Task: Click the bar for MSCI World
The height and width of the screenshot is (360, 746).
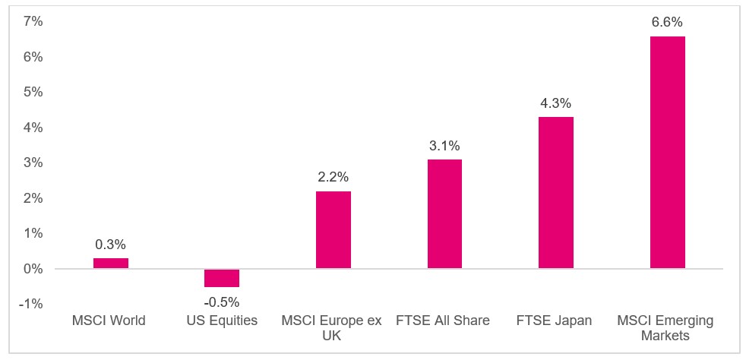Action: [111, 264]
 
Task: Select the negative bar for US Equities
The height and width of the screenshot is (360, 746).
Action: [222, 278]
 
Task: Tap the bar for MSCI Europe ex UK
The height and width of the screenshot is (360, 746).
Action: [333, 230]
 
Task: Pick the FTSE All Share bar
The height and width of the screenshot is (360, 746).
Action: [444, 214]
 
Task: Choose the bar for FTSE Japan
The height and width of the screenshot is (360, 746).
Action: [556, 193]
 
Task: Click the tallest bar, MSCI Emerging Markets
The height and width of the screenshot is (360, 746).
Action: [668, 153]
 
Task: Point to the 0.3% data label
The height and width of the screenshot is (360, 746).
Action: [111, 245]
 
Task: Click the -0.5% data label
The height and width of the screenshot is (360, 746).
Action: [222, 301]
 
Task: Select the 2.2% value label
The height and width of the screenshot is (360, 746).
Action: [333, 177]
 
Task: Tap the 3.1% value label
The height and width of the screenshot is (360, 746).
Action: [444, 145]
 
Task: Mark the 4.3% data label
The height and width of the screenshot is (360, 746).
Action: [556, 103]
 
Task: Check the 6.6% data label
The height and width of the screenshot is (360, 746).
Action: [668, 22]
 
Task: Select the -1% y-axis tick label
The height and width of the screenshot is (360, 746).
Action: [32, 304]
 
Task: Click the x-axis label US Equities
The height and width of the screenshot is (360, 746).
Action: [222, 321]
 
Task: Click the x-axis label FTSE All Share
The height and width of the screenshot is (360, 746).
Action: [444, 321]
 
